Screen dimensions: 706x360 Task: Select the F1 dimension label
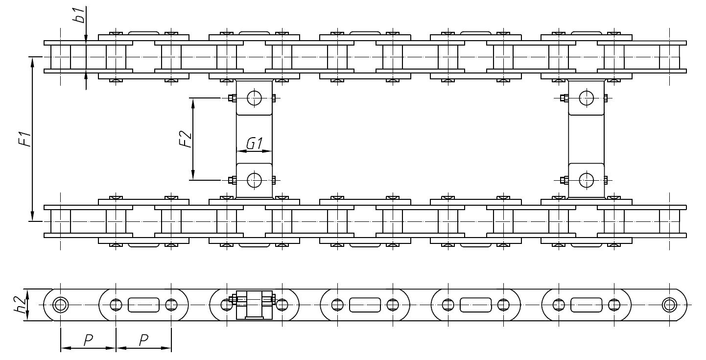click(x=25, y=139)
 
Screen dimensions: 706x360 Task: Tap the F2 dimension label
click(x=185, y=139)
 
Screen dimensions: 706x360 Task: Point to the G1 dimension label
click(x=254, y=144)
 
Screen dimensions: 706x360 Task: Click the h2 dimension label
click(x=20, y=305)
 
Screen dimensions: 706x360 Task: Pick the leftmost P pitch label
click(x=88, y=340)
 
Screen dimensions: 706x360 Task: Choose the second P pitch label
click(x=143, y=340)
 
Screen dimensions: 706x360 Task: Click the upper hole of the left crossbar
click(x=255, y=98)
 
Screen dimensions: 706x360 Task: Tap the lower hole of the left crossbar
click(x=255, y=181)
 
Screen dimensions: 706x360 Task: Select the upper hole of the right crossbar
click(x=586, y=98)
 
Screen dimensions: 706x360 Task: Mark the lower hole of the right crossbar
click(x=586, y=181)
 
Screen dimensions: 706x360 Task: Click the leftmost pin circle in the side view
click(x=61, y=305)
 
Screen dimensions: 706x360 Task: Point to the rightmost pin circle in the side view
click(x=669, y=305)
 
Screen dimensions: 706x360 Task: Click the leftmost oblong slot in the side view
click(x=143, y=305)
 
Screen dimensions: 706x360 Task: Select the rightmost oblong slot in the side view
click(x=586, y=305)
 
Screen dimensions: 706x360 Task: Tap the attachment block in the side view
click(x=255, y=305)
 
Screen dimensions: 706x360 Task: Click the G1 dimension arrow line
click(x=254, y=151)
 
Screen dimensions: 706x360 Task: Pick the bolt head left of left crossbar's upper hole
click(x=232, y=98)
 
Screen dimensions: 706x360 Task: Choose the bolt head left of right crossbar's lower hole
click(x=564, y=181)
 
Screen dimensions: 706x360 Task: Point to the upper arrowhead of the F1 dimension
click(x=32, y=62)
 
